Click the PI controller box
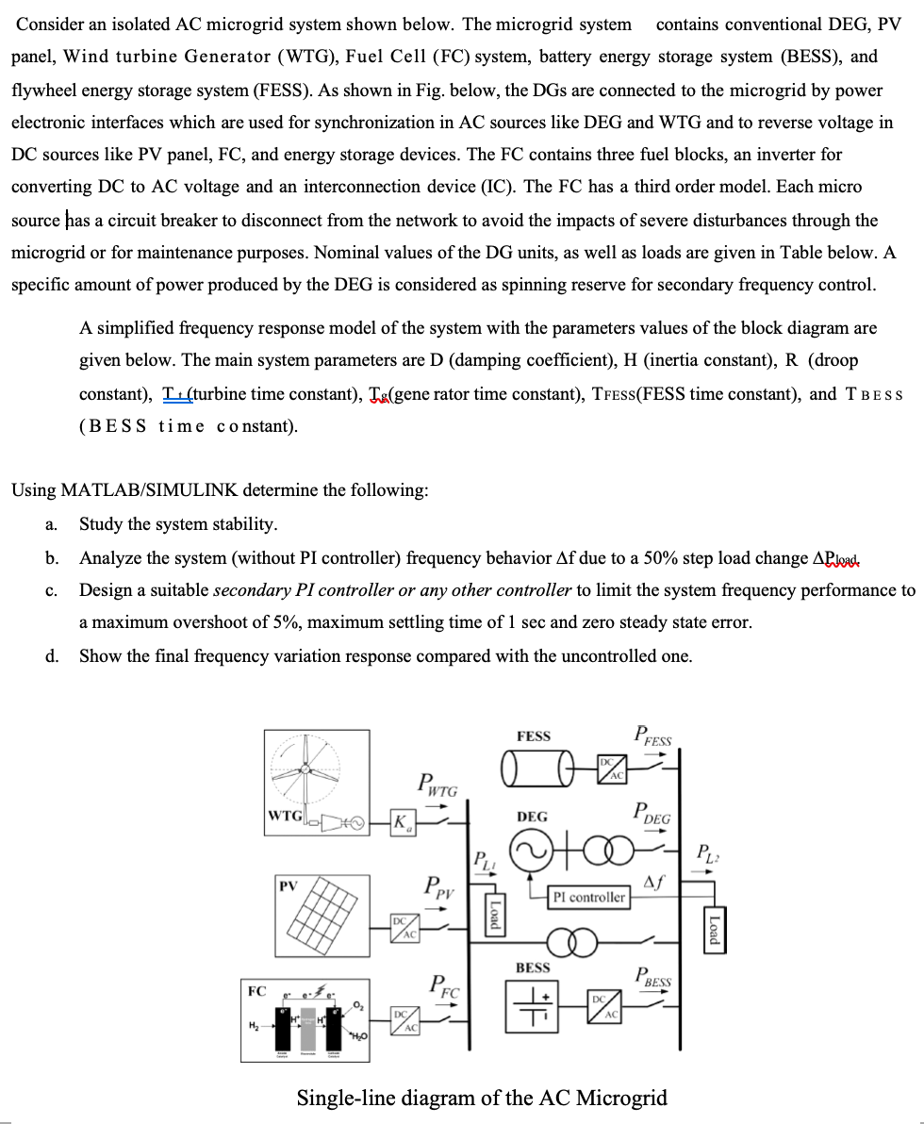589,897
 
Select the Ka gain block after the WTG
403,822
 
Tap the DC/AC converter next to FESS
610,769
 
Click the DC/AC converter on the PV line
403,927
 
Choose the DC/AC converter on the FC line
403,1020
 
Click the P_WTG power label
437,784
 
